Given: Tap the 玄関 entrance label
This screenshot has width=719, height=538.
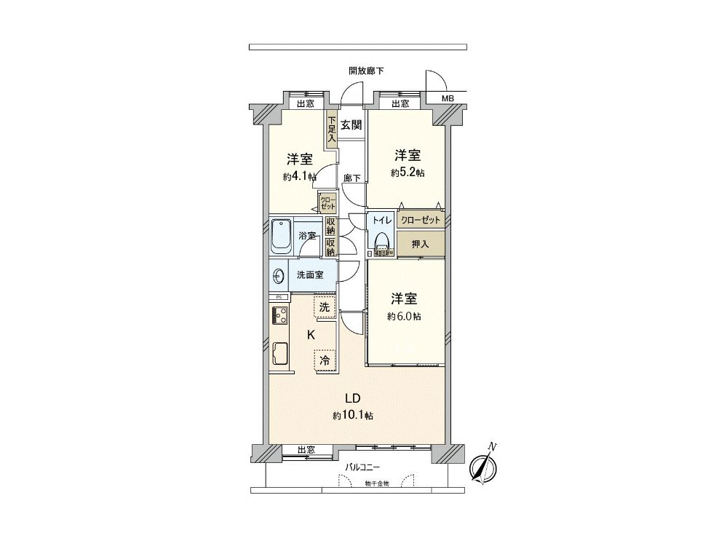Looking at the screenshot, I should point(351,125).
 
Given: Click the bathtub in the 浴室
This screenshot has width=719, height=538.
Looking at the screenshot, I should point(281,235).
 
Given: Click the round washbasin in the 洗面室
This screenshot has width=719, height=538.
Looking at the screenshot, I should point(278,275).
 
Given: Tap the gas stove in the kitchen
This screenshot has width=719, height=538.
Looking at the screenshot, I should point(279,315).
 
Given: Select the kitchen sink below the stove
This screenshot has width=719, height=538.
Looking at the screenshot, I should point(279,355).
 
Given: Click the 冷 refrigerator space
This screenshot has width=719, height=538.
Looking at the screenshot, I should point(325,360).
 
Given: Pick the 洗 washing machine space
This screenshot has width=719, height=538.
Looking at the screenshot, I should point(325,307).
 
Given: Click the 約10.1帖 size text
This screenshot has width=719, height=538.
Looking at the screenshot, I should point(354,415).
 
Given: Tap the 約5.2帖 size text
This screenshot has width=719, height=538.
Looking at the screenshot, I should point(408,173).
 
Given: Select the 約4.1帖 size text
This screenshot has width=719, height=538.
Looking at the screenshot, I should point(299,177).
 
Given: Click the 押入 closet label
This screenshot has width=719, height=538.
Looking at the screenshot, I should point(420,244).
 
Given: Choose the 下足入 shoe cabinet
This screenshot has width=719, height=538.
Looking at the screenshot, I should point(331,130).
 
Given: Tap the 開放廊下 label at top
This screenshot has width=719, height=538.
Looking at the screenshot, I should point(366,71).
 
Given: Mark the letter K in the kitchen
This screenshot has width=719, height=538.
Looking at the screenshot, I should point(310,335).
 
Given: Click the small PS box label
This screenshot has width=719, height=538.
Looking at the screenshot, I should point(278,297).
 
